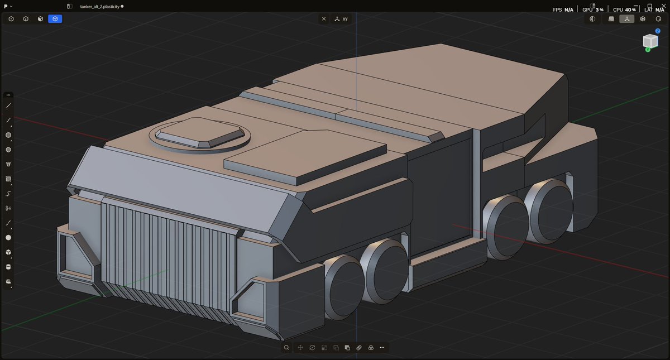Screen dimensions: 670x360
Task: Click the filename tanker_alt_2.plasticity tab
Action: click(99, 7)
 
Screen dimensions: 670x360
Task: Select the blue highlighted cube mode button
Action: click(55, 19)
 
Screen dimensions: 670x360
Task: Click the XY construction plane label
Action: click(345, 19)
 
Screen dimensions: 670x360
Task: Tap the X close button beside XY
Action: click(324, 19)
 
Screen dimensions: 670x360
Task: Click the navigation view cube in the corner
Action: click(650, 41)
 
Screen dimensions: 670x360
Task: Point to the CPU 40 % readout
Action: click(624, 9)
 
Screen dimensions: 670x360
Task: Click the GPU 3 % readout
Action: click(592, 9)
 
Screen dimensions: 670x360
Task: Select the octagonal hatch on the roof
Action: click(200, 133)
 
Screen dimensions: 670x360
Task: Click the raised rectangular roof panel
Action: click(305, 157)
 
